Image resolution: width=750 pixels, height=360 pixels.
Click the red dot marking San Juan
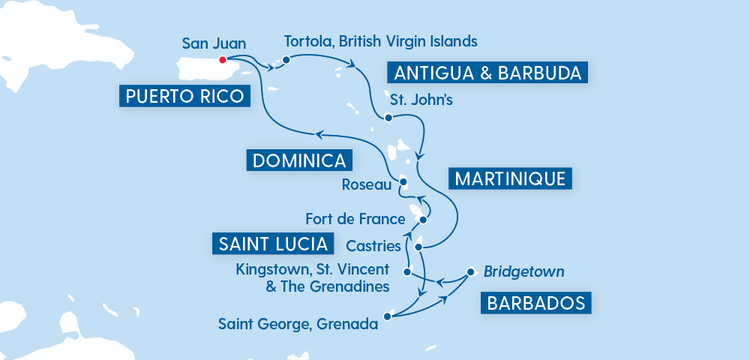pos(222,60)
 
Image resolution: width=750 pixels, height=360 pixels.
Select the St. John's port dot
pos(388,118)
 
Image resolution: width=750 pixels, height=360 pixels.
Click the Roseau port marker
pos(403,181)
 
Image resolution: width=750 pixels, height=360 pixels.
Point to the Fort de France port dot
pos(424,220)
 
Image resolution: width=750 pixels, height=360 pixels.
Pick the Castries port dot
pos(418,247)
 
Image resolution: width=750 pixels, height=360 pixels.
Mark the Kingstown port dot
pos(407,271)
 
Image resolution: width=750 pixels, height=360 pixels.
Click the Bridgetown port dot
pos(470,271)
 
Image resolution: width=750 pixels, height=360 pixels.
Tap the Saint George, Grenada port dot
pos(387,316)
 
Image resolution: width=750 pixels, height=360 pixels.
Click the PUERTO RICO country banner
pos(184,95)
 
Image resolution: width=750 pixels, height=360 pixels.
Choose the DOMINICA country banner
pos(298,160)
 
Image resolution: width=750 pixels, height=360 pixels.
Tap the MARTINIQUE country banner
pos(510,178)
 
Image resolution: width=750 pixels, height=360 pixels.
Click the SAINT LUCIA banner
pos(273,244)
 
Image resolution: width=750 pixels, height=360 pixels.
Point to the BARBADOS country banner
pos(535,303)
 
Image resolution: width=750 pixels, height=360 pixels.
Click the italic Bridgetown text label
pos(523,271)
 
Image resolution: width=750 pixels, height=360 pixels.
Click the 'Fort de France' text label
pos(355,220)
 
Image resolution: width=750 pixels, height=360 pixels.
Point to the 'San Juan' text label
pos(214,43)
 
